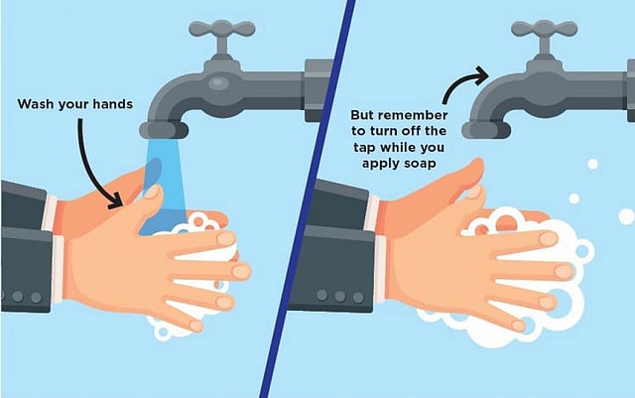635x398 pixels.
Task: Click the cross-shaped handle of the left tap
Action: tap(222, 29)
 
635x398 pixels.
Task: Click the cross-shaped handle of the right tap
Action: tap(545, 29)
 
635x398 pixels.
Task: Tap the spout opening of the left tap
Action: tap(164, 130)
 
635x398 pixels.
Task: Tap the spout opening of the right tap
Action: tap(486, 130)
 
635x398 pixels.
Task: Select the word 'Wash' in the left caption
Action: tap(36, 104)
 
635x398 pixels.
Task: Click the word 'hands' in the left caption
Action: tap(113, 104)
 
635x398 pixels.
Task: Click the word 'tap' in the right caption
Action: tap(365, 148)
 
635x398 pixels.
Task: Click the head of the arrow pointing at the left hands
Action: tap(116, 200)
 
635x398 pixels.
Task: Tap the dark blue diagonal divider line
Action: tap(308, 199)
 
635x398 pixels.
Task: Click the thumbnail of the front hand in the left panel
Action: tap(152, 192)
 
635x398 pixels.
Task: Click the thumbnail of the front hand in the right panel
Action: tap(473, 192)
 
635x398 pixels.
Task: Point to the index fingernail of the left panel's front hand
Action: tap(226, 239)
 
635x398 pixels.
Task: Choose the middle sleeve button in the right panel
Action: tap(339, 296)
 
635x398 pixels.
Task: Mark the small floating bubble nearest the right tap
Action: tap(593, 164)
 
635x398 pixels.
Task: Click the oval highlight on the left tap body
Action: tap(218, 83)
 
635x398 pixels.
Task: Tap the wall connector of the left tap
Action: tap(318, 90)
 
